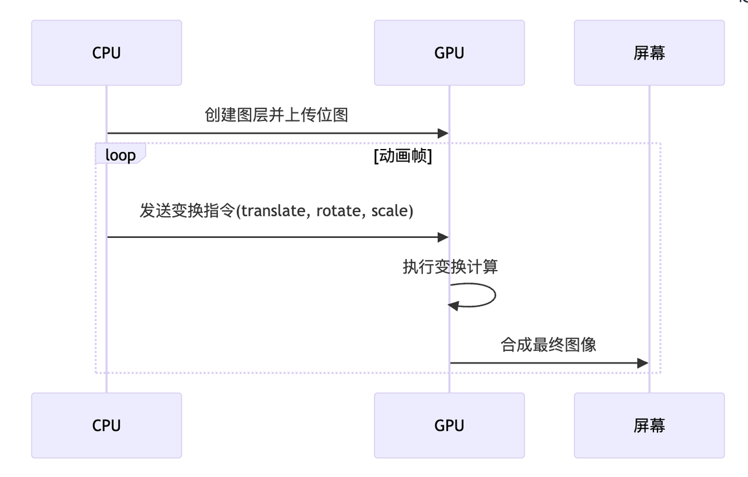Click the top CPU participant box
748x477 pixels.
pos(106,53)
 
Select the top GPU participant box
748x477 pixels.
pos(449,53)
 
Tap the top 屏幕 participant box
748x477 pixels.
pos(649,53)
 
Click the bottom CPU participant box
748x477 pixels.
pos(106,425)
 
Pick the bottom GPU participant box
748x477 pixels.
pos(449,425)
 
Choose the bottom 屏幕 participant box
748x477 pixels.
pos(649,425)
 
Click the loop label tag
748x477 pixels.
pos(120,155)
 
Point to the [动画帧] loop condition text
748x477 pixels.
pos(403,156)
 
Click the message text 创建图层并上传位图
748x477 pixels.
pos(276,115)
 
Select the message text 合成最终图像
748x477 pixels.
pos(548,344)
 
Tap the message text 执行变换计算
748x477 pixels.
pos(450,267)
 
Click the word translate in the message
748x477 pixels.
pos(273,210)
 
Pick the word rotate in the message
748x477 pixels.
pos(338,210)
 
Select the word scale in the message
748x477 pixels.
pos(390,210)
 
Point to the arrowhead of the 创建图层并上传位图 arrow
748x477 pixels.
pos(444,133)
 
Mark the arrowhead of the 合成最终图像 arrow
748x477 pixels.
pos(643,363)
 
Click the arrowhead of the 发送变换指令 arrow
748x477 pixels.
pos(444,237)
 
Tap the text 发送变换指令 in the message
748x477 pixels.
pos(186,210)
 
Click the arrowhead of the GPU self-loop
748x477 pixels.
pos(453,305)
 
